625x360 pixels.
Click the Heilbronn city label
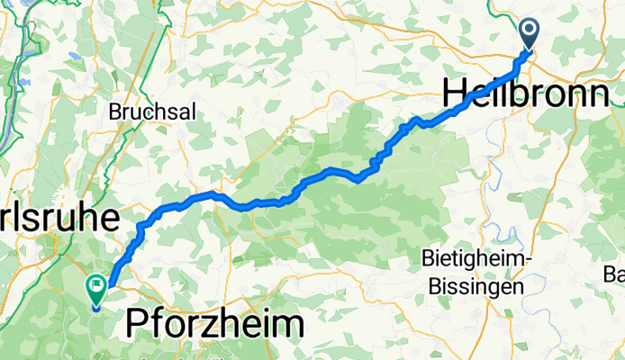(x=525, y=93)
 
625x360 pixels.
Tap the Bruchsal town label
(x=142, y=112)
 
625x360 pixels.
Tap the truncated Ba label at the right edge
(x=614, y=274)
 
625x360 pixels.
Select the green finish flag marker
(x=95, y=289)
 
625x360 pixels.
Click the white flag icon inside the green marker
(x=95, y=286)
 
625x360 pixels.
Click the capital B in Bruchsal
(x=114, y=112)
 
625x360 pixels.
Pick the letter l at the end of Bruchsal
(x=170, y=112)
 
